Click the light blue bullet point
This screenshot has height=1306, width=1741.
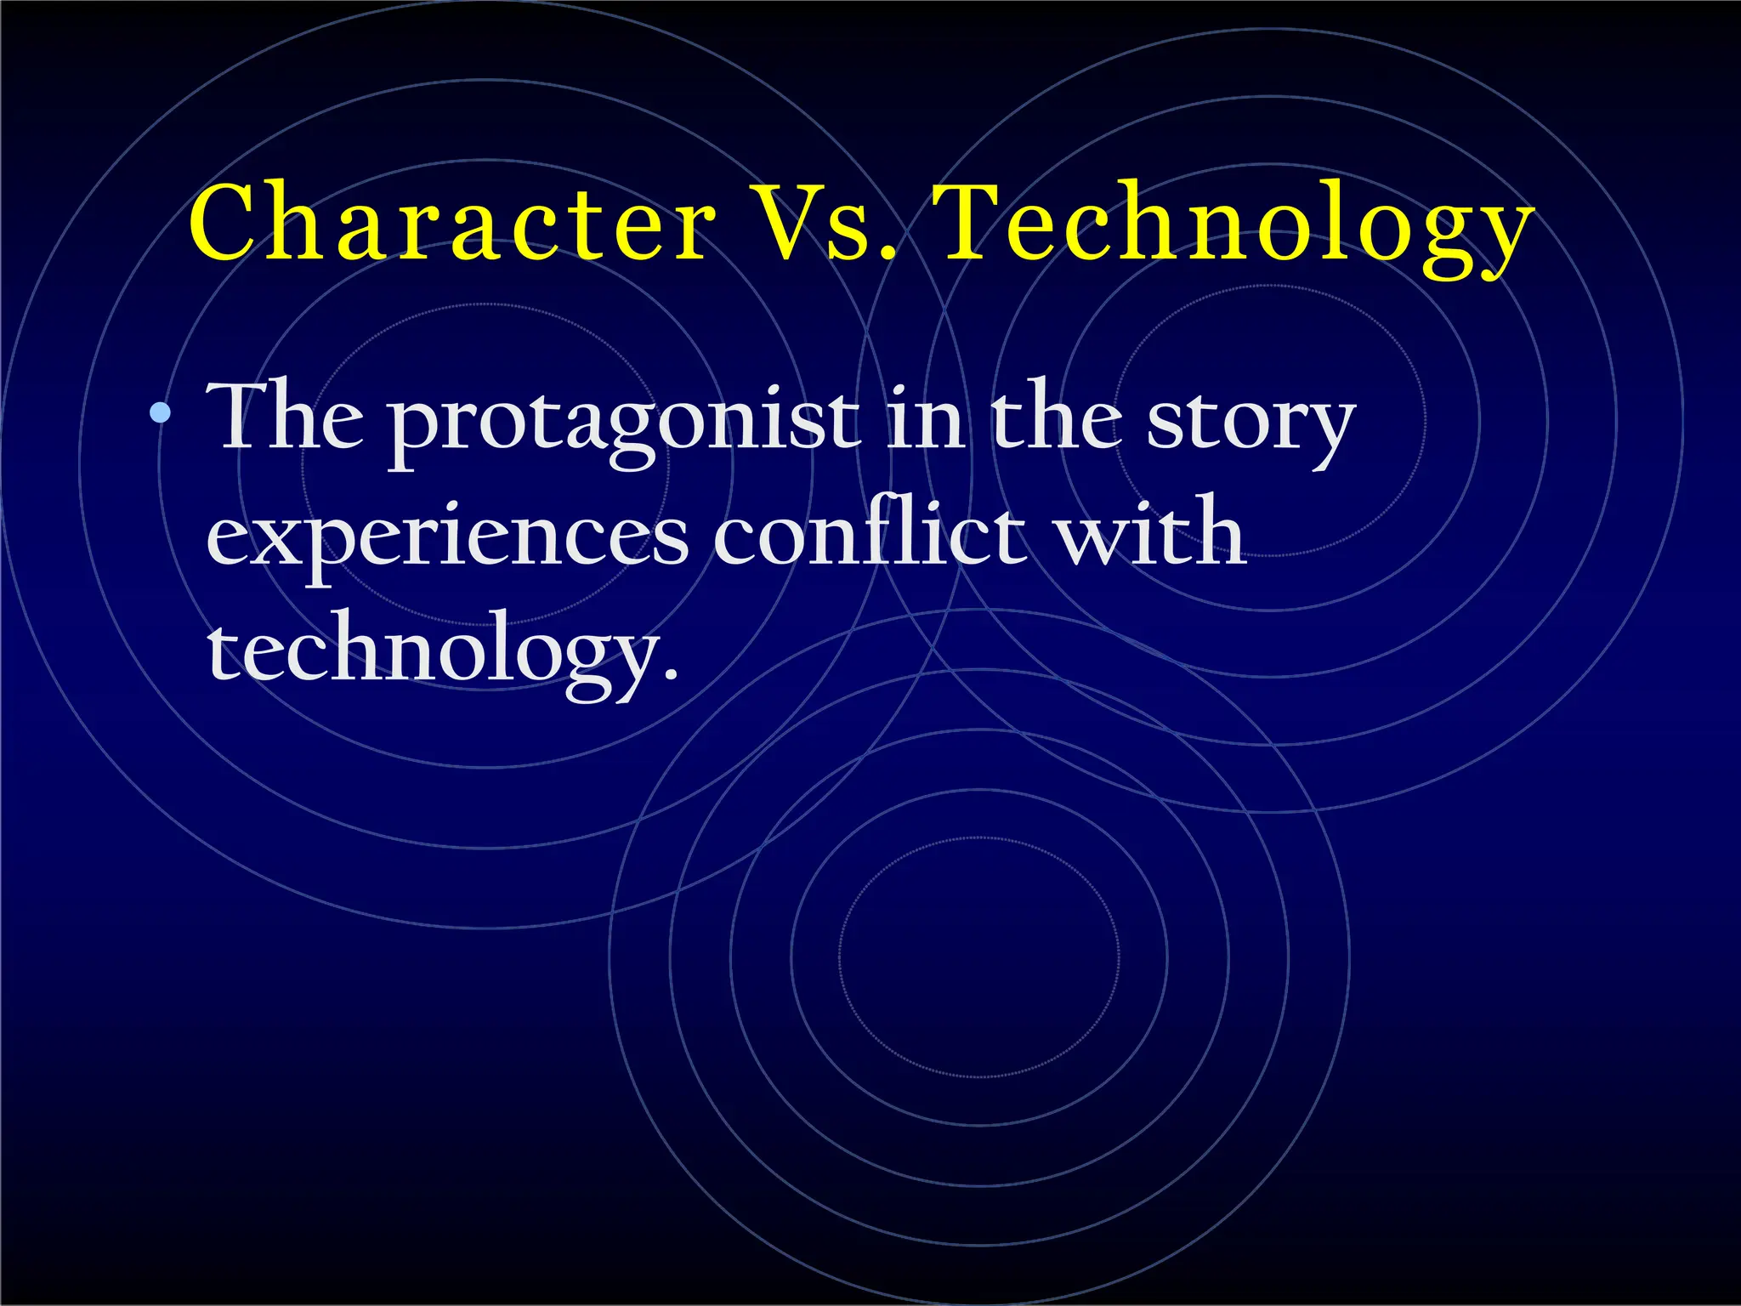(159, 414)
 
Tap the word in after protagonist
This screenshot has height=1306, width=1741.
(924, 418)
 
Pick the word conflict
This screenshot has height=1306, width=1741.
(867, 533)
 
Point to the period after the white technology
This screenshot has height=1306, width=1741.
(671, 676)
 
